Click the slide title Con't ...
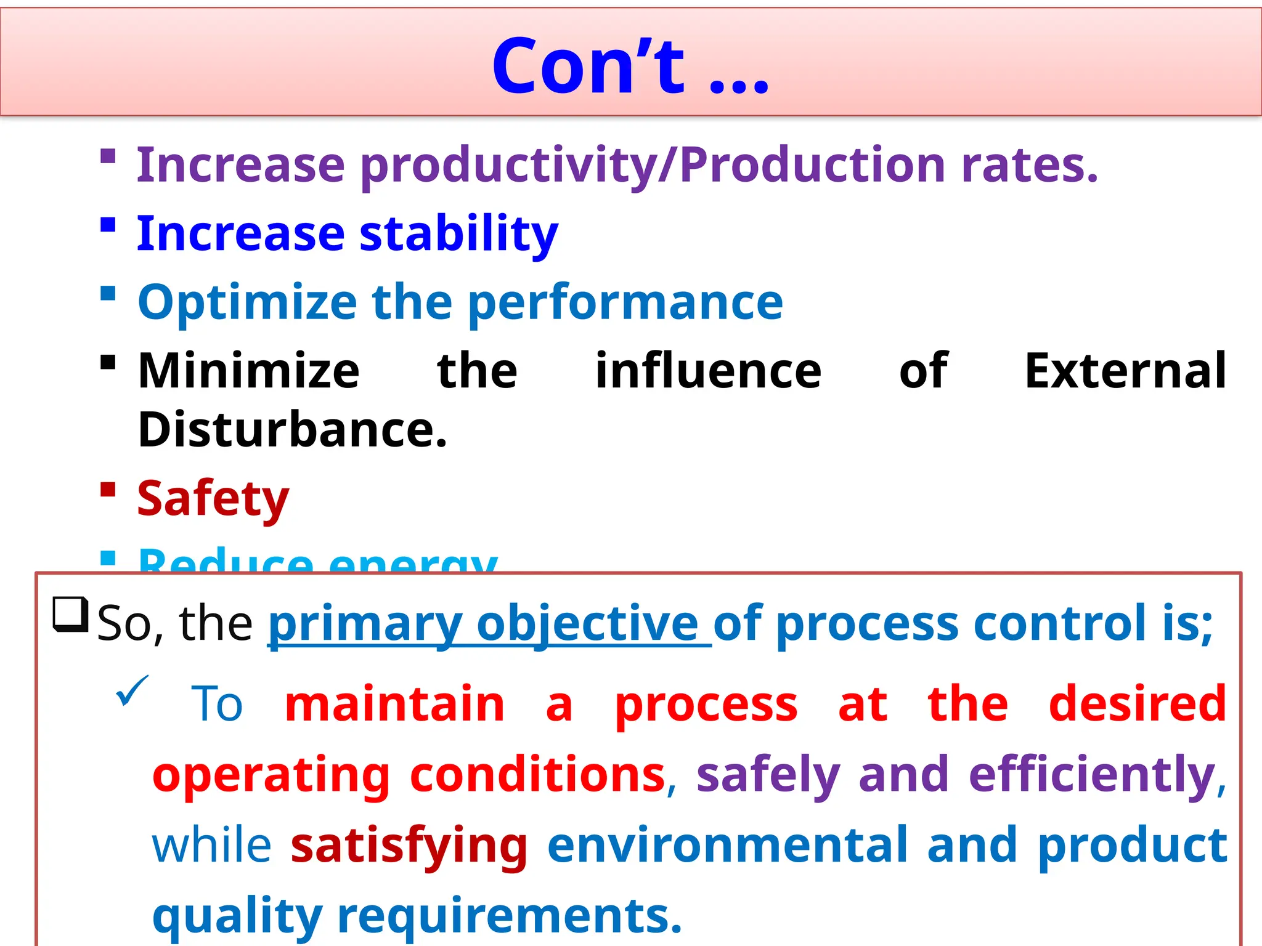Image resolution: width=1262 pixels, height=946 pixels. tap(630, 67)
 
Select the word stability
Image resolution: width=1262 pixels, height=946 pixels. tap(458, 234)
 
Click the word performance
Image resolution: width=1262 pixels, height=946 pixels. tap(625, 302)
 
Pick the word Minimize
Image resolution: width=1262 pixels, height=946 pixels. tap(249, 371)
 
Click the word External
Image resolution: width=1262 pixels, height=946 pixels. tap(1125, 371)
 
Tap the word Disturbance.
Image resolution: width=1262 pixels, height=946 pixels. tap(292, 430)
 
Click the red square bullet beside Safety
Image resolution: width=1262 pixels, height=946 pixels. tap(108, 490)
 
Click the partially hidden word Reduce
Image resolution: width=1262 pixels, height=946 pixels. tap(226, 560)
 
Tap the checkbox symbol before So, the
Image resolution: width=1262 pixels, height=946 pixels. tap(70, 614)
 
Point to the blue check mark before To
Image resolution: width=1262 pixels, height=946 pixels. tap(132, 690)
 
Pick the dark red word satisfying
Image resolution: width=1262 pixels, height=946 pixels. tap(409, 846)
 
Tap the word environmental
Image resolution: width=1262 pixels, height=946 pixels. tap(728, 845)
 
